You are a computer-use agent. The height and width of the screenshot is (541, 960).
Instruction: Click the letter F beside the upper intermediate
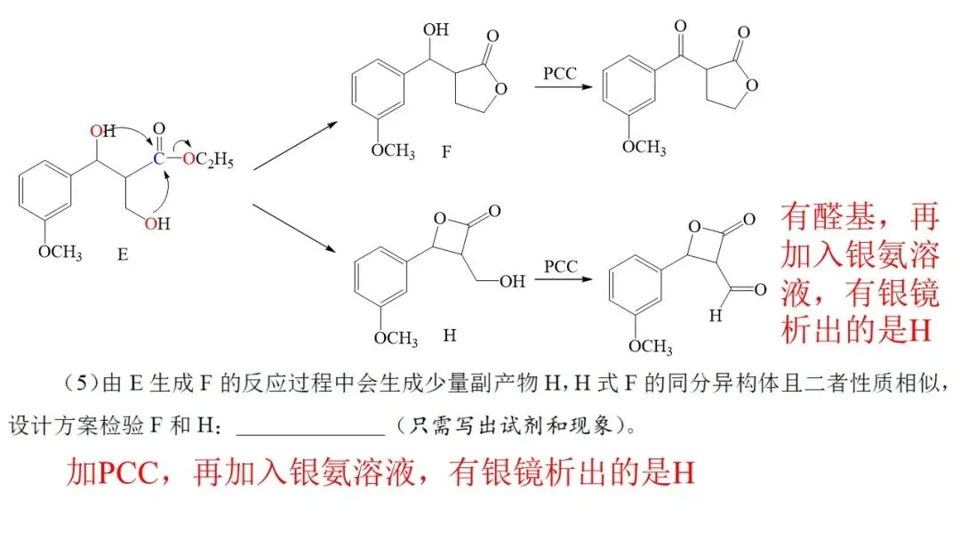point(446,150)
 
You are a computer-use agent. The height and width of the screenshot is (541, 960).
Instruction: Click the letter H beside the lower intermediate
point(450,337)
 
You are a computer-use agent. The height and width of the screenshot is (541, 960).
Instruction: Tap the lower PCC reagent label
point(560,266)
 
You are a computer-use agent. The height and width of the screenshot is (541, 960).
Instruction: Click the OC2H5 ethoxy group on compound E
point(205,161)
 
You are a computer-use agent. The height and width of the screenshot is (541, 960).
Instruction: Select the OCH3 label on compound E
point(60,253)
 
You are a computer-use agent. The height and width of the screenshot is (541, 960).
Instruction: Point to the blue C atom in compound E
point(157,159)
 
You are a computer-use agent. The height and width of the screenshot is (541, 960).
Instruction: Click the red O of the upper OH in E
point(97,132)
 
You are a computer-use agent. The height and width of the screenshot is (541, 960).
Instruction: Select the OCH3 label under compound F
point(393,150)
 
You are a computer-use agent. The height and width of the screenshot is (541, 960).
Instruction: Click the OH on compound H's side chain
point(511,282)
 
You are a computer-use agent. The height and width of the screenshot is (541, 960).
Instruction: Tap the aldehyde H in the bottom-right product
point(716,314)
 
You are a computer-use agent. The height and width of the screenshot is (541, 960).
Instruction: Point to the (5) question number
point(83,384)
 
